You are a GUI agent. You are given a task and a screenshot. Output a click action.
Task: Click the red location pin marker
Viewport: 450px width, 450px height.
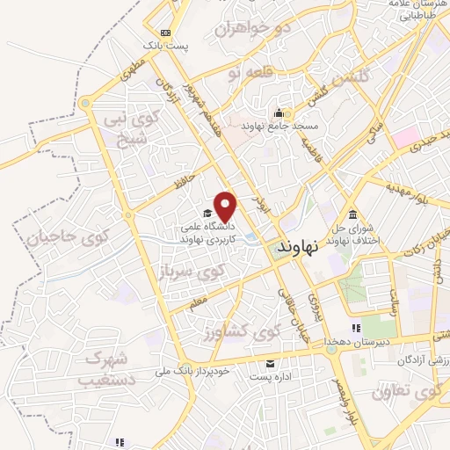(227, 206)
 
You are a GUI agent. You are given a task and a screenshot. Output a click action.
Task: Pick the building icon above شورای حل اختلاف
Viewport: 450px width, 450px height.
(352, 215)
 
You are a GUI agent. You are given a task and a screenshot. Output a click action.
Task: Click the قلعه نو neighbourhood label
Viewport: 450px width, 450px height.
(246, 68)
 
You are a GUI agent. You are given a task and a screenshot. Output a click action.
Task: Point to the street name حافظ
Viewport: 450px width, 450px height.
(183, 181)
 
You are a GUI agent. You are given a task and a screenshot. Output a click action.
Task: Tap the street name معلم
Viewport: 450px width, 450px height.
(198, 302)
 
